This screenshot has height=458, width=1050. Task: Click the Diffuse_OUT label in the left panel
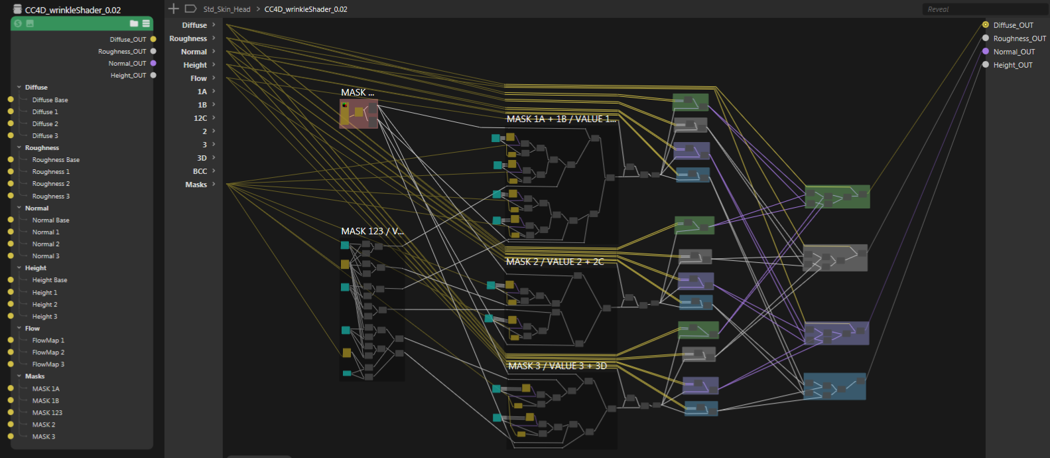tap(128, 39)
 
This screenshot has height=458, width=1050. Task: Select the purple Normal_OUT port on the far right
tap(985, 51)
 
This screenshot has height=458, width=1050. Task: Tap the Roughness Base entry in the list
tap(56, 159)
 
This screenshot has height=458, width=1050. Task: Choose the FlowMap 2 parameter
tap(48, 352)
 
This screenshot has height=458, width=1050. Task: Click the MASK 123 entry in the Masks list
tap(47, 412)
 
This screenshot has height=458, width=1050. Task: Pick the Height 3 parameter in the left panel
tap(44, 316)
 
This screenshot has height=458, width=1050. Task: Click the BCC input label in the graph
tap(200, 171)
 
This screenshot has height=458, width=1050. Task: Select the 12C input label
tap(200, 118)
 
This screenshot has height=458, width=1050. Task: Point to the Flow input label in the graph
tap(198, 78)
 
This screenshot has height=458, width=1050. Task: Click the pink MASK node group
tap(359, 114)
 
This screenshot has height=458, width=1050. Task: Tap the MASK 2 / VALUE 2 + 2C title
tap(555, 262)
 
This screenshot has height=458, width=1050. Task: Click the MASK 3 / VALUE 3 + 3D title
tap(557, 366)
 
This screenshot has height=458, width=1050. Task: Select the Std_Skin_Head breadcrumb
tap(227, 9)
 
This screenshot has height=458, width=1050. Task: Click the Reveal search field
tap(984, 9)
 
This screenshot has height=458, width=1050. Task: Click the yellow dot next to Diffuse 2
tap(11, 123)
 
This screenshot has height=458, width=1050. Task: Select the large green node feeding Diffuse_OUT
tap(837, 196)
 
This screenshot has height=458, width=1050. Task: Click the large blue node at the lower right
tap(834, 386)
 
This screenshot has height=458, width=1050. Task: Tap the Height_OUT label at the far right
tap(1012, 65)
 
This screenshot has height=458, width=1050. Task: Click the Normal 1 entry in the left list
tap(46, 232)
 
